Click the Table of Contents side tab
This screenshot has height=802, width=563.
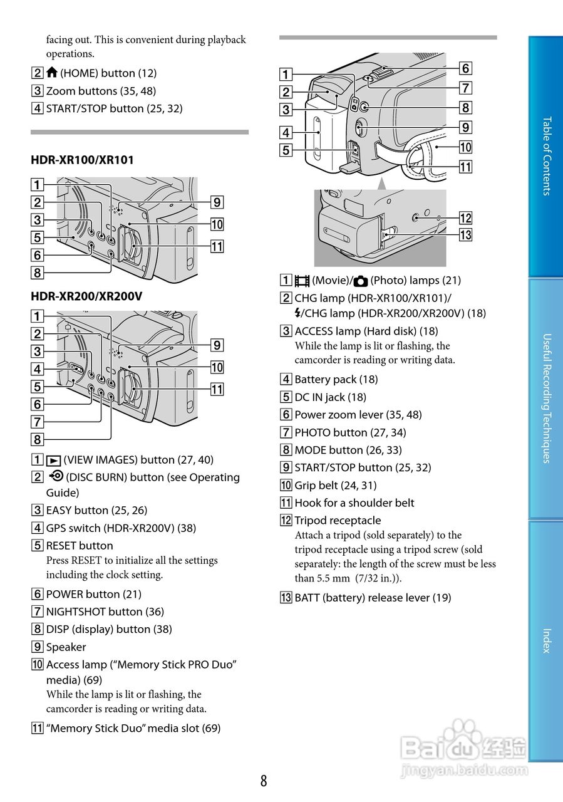[546, 156]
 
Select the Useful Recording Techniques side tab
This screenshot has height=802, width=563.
[546, 398]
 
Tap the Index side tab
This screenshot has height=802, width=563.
[546, 640]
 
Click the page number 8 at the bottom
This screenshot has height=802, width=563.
[264, 781]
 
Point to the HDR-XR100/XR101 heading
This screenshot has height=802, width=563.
[82, 160]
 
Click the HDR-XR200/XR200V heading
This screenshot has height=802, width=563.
[86, 296]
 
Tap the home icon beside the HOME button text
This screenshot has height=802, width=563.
[52, 73]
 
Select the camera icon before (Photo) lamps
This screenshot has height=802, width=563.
[361, 281]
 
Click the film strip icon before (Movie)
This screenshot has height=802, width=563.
[302, 281]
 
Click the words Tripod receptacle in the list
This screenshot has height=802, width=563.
[338, 520]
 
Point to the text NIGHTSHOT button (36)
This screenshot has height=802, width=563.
[105, 612]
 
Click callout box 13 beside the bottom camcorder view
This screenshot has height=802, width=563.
[465, 235]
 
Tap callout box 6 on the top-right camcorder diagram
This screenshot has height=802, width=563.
[465, 68]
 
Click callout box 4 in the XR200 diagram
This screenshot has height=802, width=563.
[38, 369]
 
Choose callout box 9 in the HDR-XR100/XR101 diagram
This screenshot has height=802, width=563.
[217, 202]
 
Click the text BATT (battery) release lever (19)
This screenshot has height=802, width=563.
[373, 598]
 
